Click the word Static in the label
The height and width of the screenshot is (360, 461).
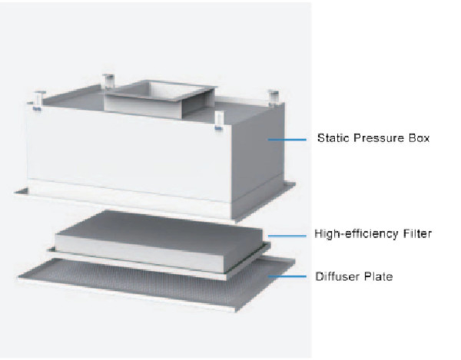point(333,138)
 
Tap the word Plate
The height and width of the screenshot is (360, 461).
point(378,276)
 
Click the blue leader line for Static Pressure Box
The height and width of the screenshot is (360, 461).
point(287,140)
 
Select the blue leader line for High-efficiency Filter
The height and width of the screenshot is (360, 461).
point(287,236)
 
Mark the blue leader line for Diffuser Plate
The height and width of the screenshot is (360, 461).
point(287,276)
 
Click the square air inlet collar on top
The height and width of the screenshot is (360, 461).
point(161,98)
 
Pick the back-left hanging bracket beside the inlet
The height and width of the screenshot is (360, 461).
point(108,81)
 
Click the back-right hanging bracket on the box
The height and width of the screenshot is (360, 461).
point(273,97)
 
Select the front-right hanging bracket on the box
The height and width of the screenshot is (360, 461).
point(218,121)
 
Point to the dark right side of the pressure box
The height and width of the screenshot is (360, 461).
point(257,159)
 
